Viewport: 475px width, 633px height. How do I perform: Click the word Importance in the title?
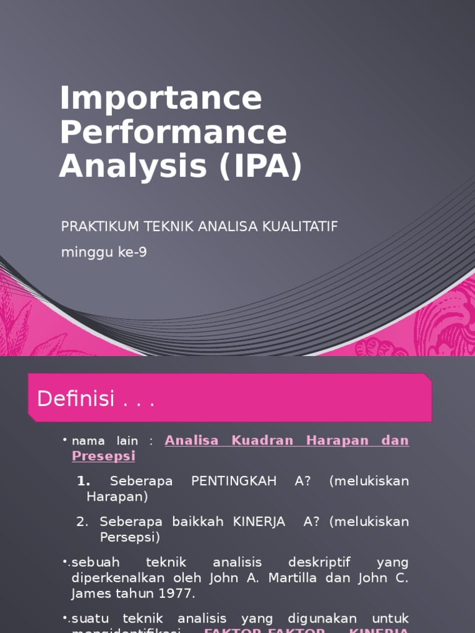click(161, 99)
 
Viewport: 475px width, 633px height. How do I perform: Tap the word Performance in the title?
click(174, 132)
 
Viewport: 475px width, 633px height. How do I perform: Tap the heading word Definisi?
click(76, 399)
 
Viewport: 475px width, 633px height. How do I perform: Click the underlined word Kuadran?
click(258, 440)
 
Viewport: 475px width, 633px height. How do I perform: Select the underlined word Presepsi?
click(103, 456)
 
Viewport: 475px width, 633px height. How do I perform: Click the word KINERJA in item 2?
click(259, 522)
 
